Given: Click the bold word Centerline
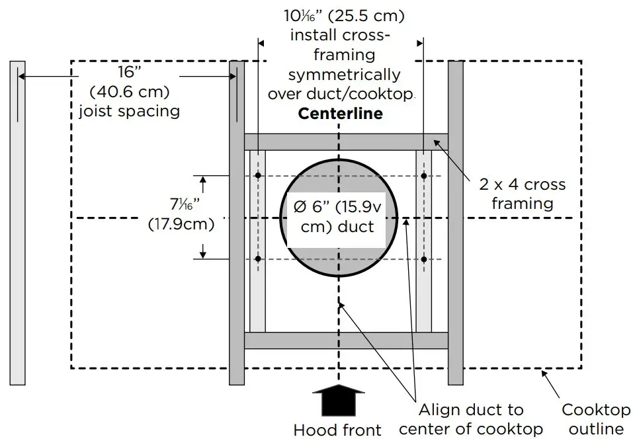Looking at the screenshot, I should click(x=340, y=113).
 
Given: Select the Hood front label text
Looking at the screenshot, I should click(x=337, y=430).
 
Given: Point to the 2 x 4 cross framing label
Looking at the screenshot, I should click(x=523, y=194).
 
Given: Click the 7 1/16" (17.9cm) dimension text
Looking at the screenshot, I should click(x=181, y=216).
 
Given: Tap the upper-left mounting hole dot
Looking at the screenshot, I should click(x=258, y=175).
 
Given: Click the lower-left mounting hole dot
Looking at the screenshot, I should click(x=258, y=259).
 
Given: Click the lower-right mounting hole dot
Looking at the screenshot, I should click(x=424, y=259).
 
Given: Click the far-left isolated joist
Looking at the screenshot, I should click(x=18, y=222).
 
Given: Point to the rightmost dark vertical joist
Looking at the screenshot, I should click(x=455, y=222).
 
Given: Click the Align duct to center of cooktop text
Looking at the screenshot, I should click(x=470, y=419).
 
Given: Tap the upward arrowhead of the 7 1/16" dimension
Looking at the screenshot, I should click(x=203, y=179).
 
